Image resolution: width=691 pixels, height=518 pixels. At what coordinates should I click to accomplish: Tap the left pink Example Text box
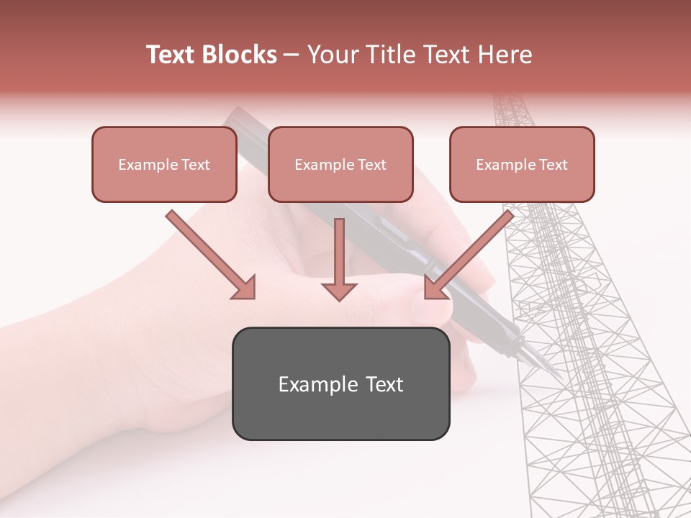tap(164, 165)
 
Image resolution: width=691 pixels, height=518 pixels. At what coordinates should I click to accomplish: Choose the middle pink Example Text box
tap(340, 165)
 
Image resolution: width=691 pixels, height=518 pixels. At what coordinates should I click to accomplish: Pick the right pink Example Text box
tap(522, 165)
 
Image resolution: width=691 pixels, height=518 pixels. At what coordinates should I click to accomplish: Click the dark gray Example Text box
tap(340, 384)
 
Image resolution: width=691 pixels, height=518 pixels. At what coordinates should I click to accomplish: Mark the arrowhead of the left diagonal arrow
tap(245, 288)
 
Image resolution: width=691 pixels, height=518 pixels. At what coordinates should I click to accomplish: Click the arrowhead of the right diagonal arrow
tap(435, 287)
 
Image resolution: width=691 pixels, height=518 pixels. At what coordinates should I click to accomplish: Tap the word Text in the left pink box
tap(196, 165)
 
